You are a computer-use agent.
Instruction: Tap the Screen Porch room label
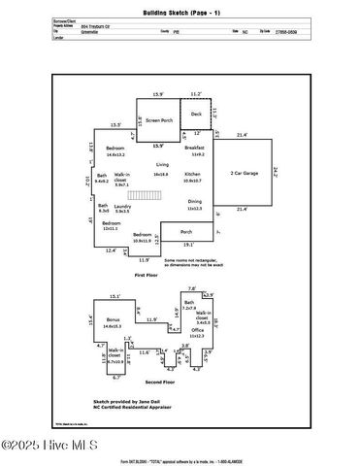pyautogui.click(x=160, y=119)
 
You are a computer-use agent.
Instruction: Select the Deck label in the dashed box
pyautogui.click(x=197, y=115)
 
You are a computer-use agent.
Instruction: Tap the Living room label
pyautogui.click(x=162, y=165)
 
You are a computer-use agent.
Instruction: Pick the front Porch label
pyautogui.click(x=186, y=231)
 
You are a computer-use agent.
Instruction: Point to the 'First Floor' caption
pyautogui.click(x=146, y=276)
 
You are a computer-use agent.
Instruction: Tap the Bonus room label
pyautogui.click(x=115, y=318)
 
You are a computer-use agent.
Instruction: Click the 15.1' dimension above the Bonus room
pyautogui.click(x=115, y=295)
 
